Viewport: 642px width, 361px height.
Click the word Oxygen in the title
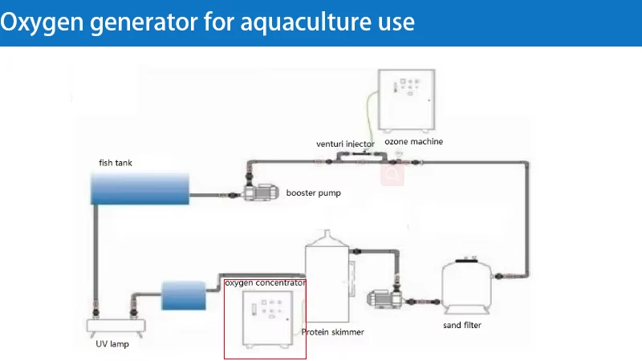click(x=42, y=23)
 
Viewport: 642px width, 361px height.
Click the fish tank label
click(x=116, y=163)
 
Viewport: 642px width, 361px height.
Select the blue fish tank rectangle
click(x=140, y=189)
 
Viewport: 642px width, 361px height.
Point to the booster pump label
click(x=313, y=193)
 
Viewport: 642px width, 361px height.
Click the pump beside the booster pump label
click(x=262, y=192)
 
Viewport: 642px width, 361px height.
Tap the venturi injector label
click(x=345, y=144)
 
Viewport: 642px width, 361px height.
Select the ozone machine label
click(x=413, y=142)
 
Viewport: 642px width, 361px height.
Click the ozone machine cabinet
click(x=407, y=100)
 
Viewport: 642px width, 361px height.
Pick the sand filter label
click(x=462, y=325)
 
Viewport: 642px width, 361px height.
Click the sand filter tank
click(x=467, y=286)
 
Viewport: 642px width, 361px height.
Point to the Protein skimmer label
click(x=332, y=332)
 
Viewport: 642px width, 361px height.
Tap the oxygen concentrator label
click(x=266, y=283)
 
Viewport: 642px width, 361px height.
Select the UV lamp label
click(x=112, y=344)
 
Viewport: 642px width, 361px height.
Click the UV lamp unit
click(x=116, y=327)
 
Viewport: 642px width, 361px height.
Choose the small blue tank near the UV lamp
click(x=184, y=295)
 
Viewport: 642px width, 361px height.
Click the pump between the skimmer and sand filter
click(x=384, y=299)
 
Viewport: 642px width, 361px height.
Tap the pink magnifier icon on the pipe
click(x=392, y=174)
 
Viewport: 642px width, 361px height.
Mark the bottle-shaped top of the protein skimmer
click(x=327, y=238)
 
